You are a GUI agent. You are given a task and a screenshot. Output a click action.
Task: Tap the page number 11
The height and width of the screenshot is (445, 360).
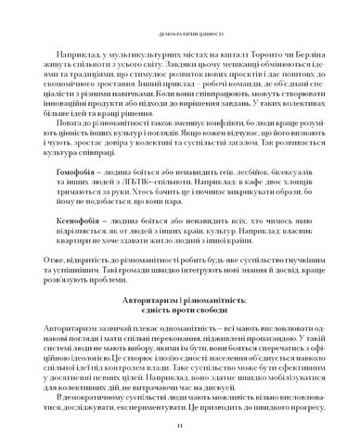point(180,425)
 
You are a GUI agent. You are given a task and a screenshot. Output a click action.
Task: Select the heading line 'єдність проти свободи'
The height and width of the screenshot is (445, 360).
point(180,313)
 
